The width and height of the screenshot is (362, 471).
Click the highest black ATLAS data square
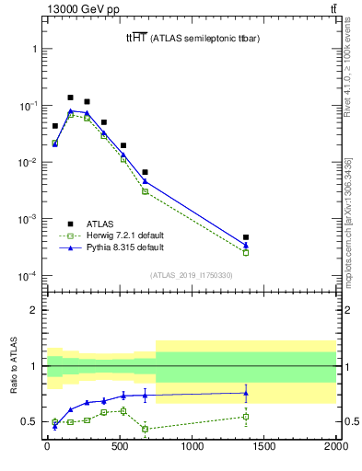[x=70, y=97]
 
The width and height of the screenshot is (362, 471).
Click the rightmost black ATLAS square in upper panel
[x=246, y=237]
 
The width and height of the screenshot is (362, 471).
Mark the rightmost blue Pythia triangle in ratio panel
[x=246, y=393]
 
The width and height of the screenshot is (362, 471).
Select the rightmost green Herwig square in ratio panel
[x=246, y=416]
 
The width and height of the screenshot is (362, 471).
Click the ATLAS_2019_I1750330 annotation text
[x=191, y=275]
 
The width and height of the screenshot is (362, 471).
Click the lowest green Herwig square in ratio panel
[x=145, y=429]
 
